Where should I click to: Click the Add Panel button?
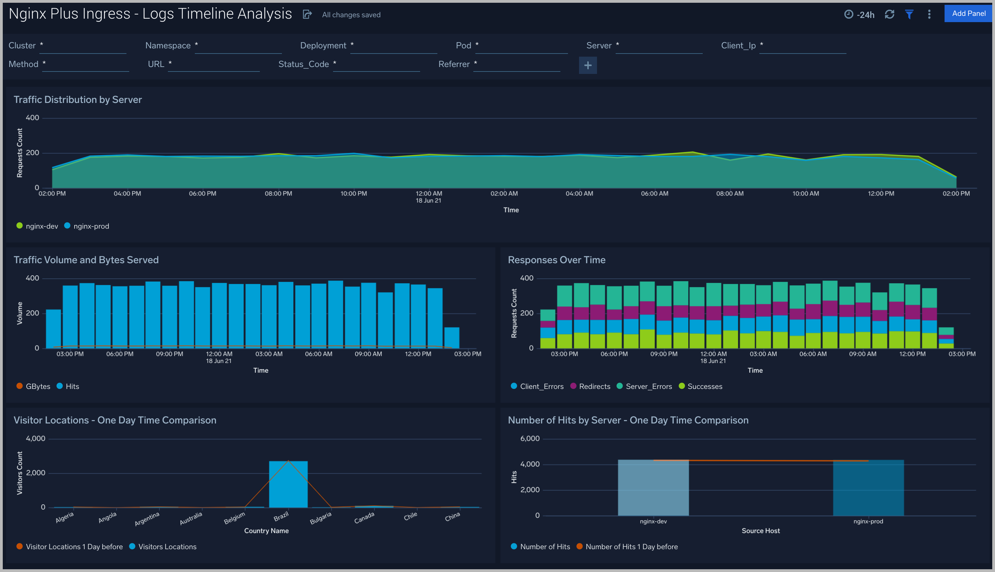click(x=968, y=14)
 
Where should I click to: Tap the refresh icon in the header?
click(x=889, y=15)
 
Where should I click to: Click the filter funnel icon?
click(x=909, y=15)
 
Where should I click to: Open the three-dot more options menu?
click(x=929, y=15)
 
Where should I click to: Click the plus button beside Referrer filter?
click(x=588, y=65)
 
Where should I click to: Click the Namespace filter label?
click(x=168, y=46)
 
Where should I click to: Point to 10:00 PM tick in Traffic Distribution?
click(x=353, y=194)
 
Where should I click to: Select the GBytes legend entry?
click(x=38, y=387)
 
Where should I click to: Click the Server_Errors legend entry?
click(x=648, y=387)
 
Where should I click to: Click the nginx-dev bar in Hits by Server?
click(x=653, y=489)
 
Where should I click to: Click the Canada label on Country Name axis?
click(x=364, y=518)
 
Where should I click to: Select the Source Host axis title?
click(x=760, y=531)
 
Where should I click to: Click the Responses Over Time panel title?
click(x=556, y=260)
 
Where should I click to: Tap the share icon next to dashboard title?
click(x=307, y=15)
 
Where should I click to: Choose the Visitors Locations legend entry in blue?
click(x=167, y=547)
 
